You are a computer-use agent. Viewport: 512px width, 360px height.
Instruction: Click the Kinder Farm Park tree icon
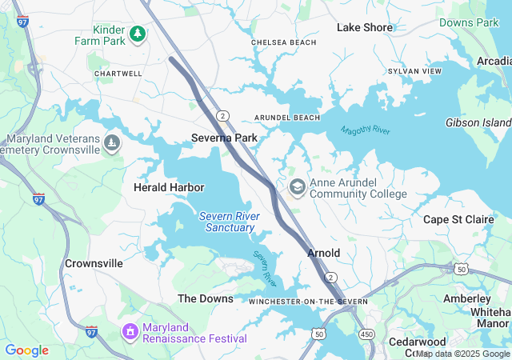tap(138, 33)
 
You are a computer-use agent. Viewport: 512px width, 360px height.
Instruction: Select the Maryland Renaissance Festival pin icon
tap(130, 330)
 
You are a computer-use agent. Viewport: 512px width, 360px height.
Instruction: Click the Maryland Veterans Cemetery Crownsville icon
tap(112, 144)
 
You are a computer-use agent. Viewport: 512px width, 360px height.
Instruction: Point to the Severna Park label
tap(224, 138)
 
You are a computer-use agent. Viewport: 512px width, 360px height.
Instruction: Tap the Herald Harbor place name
tap(169, 187)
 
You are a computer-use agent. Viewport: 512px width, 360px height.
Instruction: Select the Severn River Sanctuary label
tap(230, 222)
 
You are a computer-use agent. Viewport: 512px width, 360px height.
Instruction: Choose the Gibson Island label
tap(478, 122)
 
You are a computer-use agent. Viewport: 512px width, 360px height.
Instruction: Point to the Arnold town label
tap(324, 253)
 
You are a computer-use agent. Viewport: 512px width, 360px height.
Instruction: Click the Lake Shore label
tap(365, 27)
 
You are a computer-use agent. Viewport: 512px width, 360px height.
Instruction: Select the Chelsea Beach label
tap(283, 42)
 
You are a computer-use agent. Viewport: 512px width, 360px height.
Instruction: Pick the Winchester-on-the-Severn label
tap(308, 301)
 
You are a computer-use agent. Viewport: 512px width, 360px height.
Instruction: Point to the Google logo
tap(26, 350)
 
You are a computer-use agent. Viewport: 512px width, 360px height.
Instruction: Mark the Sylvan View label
tap(414, 71)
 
